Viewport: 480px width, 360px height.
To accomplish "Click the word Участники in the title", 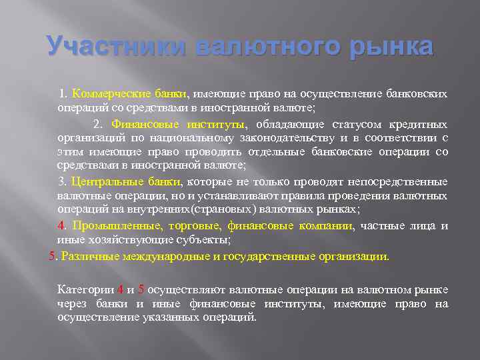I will (117, 47).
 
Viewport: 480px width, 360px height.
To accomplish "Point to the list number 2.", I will (98, 124).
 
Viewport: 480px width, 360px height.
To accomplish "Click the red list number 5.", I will (53, 256).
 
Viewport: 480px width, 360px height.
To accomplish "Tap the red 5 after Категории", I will (141, 289).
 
